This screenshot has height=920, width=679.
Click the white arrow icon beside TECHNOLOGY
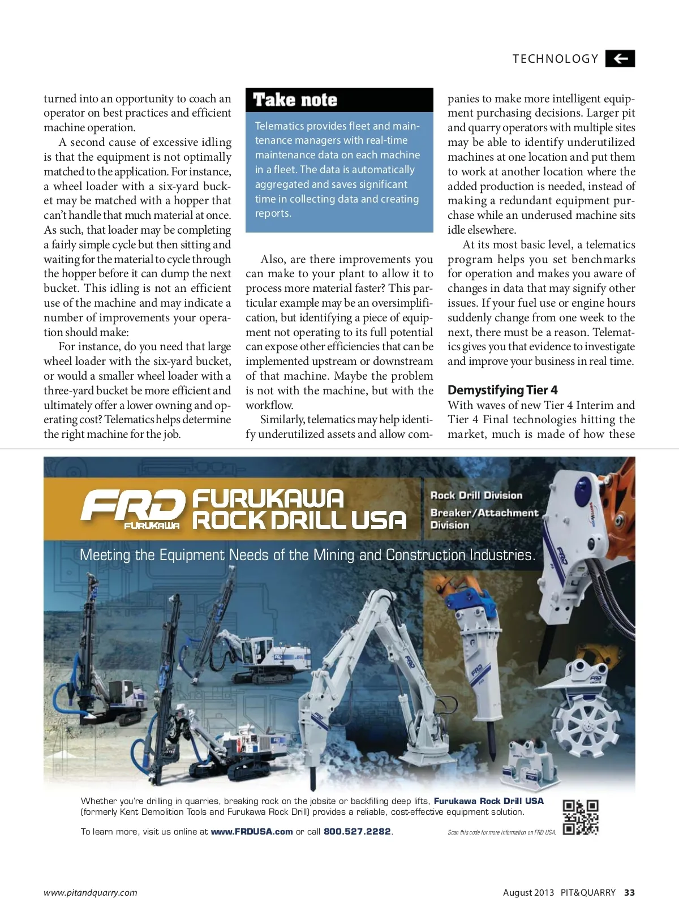620,59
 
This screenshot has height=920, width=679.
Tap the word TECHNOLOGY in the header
555,59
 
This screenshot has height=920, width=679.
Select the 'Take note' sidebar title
295,100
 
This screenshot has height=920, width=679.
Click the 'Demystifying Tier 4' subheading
502,390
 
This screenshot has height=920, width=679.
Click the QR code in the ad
581,817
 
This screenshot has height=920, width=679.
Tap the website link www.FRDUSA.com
252,832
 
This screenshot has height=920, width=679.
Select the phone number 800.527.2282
357,832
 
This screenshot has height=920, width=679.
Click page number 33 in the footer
629,893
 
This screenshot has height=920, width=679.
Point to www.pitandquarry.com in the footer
91,893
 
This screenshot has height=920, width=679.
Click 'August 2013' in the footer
528,893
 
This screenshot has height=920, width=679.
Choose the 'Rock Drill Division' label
476,496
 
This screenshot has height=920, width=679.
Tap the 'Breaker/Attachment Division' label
484,519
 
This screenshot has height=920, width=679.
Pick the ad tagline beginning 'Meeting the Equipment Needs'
307,555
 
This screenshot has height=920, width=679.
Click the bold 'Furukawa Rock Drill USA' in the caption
488,801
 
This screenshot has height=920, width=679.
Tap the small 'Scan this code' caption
501,832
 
